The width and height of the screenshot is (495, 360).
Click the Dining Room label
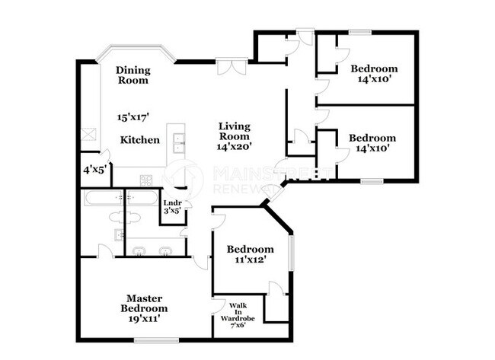[x=132, y=75]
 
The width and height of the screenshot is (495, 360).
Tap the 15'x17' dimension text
[x=132, y=117]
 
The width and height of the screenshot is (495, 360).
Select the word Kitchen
[x=140, y=140]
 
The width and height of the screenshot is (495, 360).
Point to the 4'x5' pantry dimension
[x=93, y=170]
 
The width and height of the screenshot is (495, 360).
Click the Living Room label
[x=234, y=131]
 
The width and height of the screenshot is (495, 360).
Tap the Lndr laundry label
[x=172, y=202]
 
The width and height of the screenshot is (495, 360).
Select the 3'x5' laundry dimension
[x=172, y=212]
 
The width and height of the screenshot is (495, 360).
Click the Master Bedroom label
[x=143, y=304]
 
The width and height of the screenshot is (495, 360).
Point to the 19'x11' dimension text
[x=143, y=320]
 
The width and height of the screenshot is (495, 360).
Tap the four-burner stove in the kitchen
[x=146, y=180]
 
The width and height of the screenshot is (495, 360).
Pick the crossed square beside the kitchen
[x=89, y=135]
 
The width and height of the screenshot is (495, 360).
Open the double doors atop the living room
[x=232, y=67]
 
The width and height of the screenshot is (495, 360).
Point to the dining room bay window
[x=136, y=50]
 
